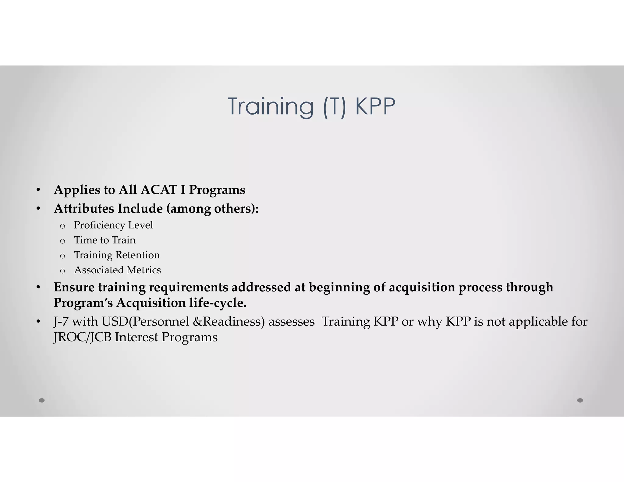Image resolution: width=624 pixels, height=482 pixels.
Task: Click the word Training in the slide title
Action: click(270, 106)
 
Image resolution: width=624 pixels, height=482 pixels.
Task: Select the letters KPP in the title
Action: click(375, 106)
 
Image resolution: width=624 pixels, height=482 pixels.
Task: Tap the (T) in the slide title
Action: click(335, 106)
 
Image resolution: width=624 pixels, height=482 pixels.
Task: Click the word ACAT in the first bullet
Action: click(159, 190)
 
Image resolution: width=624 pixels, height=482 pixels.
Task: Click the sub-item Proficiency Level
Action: click(113, 225)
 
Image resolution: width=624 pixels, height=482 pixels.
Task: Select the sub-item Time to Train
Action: click(105, 240)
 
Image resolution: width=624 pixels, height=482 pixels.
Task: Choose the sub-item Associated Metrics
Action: click(117, 270)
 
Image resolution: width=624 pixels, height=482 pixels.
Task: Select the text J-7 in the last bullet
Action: click(61, 322)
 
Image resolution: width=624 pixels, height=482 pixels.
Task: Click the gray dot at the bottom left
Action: click(42, 400)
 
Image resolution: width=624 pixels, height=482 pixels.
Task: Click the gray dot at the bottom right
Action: click(580, 400)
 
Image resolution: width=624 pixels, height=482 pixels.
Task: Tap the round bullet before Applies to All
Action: click(38, 190)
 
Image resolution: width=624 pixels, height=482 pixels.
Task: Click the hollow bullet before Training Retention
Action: click(62, 256)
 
